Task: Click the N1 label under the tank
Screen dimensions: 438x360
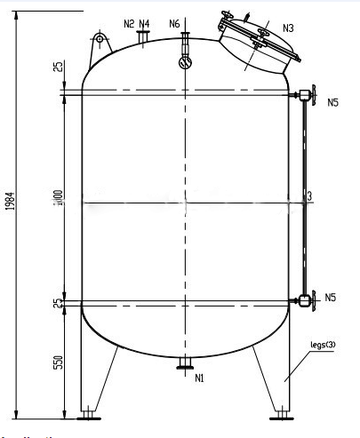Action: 200,378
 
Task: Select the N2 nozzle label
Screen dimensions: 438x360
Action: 130,24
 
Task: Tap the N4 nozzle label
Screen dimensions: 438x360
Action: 145,24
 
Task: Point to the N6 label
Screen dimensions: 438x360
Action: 174,24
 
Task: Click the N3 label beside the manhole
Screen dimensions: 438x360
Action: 289,28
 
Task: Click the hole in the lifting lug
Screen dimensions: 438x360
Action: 97,38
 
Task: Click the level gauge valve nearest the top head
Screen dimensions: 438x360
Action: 306,95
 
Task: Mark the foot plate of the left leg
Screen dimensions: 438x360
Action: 88,413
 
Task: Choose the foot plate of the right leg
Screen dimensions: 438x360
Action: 284,413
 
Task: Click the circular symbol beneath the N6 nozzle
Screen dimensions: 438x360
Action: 184,62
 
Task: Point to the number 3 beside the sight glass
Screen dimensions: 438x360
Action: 308,195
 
